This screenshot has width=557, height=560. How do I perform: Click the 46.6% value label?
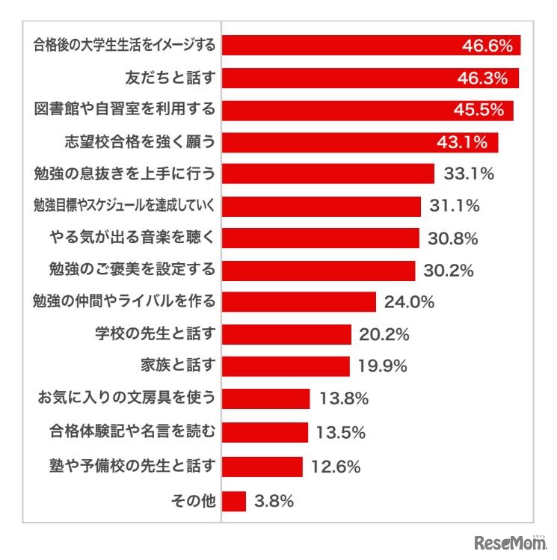pos(487,46)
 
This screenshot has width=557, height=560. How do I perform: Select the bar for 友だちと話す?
pos(371,78)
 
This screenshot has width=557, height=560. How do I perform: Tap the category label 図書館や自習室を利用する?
pos(125,110)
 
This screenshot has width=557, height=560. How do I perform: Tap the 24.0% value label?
pos(409,302)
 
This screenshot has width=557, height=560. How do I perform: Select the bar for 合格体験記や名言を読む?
pos(265,431)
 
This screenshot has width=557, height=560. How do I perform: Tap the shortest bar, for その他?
pos(235,501)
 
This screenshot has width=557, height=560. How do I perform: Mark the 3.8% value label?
pos(273,502)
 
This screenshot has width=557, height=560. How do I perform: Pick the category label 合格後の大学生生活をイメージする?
pos(125,46)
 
